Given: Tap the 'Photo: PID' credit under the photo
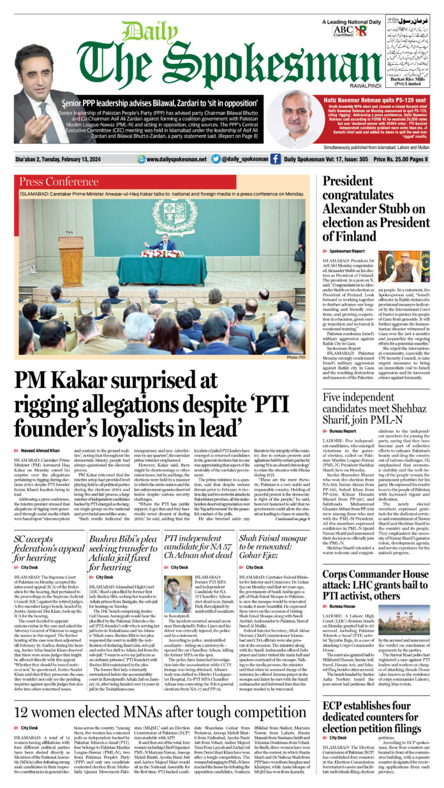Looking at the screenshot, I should coord(297,357).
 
